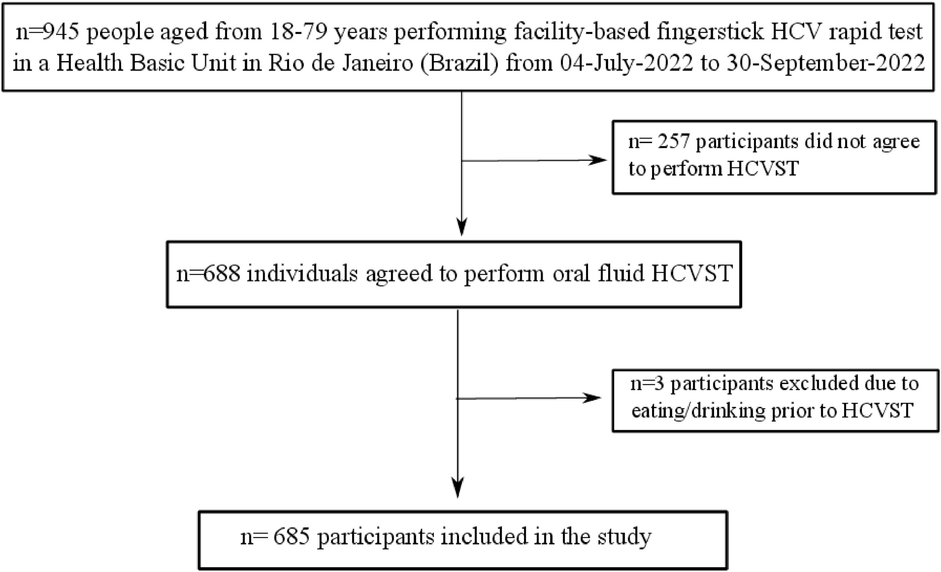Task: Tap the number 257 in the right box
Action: pyautogui.click(x=673, y=142)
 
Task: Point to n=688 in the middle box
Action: pyautogui.click(x=208, y=273)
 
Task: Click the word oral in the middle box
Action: pyautogui.click(x=571, y=273)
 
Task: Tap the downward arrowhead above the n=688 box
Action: pyautogui.click(x=462, y=228)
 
